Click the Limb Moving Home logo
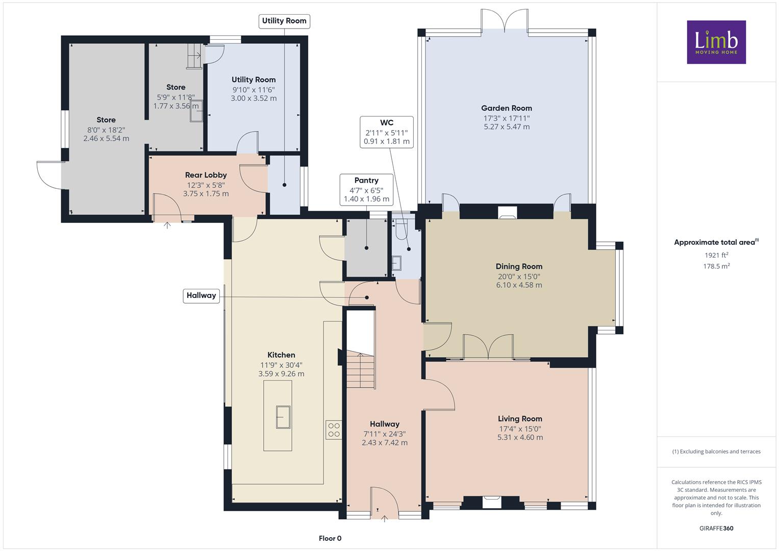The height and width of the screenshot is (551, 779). (716, 42)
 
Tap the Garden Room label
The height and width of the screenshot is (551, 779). (507, 108)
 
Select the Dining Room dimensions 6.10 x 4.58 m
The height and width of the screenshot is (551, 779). (519, 285)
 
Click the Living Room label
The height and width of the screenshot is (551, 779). (520, 419)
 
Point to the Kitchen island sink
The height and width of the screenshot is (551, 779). (283, 417)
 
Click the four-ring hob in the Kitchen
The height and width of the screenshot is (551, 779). (334, 430)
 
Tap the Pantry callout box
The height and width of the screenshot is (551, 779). (367, 190)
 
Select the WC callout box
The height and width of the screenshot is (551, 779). (387, 132)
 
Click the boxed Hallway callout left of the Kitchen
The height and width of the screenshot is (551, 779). (202, 296)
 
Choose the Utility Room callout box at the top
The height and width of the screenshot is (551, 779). (284, 21)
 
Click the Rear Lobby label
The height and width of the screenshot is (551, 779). (206, 175)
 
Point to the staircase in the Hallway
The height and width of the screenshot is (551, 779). (361, 369)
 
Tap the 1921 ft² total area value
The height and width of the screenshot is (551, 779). (716, 255)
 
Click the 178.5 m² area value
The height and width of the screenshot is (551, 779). (716, 266)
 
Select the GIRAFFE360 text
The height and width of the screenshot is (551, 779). (716, 528)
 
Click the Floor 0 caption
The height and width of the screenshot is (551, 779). (330, 538)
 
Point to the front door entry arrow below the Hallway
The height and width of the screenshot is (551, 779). (384, 519)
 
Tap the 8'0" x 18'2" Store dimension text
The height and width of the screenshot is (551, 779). (106, 130)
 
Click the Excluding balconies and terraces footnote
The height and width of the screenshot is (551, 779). (716, 452)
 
